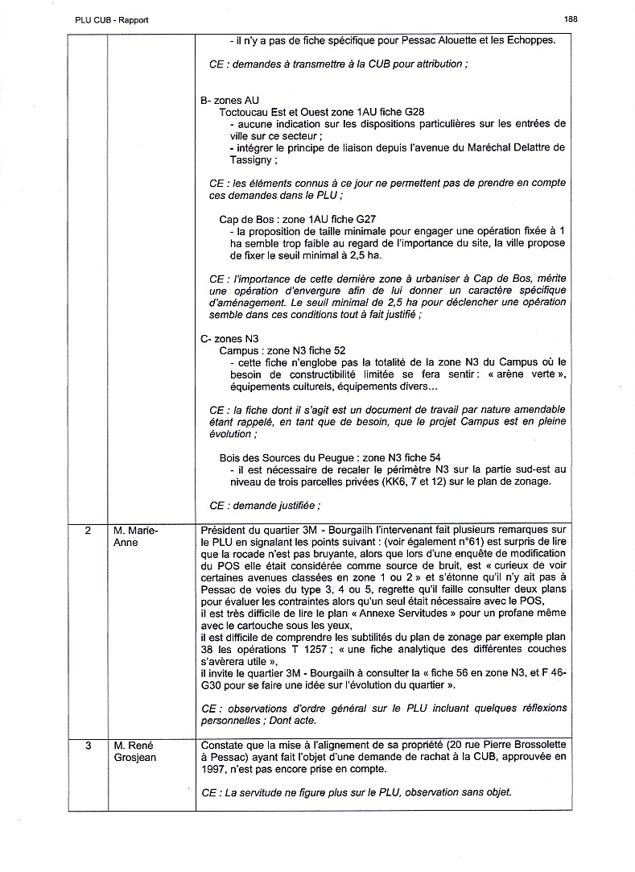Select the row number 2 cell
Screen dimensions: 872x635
87,530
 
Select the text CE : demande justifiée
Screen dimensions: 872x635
265,506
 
